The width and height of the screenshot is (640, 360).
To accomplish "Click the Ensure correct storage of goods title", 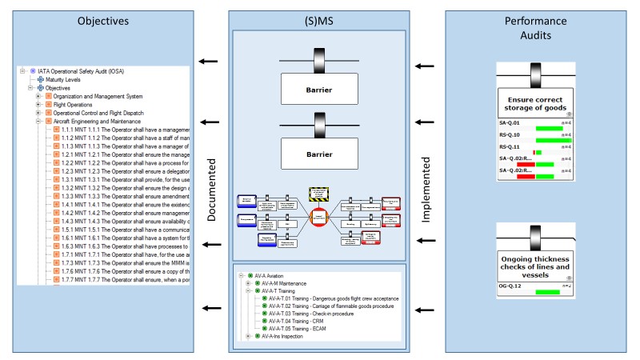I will pos(535,102).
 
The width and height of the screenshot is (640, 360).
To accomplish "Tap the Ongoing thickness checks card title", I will pos(535,265).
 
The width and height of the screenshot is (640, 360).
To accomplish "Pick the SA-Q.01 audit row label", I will pos(510,123).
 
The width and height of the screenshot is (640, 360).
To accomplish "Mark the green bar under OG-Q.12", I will pos(547,292).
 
